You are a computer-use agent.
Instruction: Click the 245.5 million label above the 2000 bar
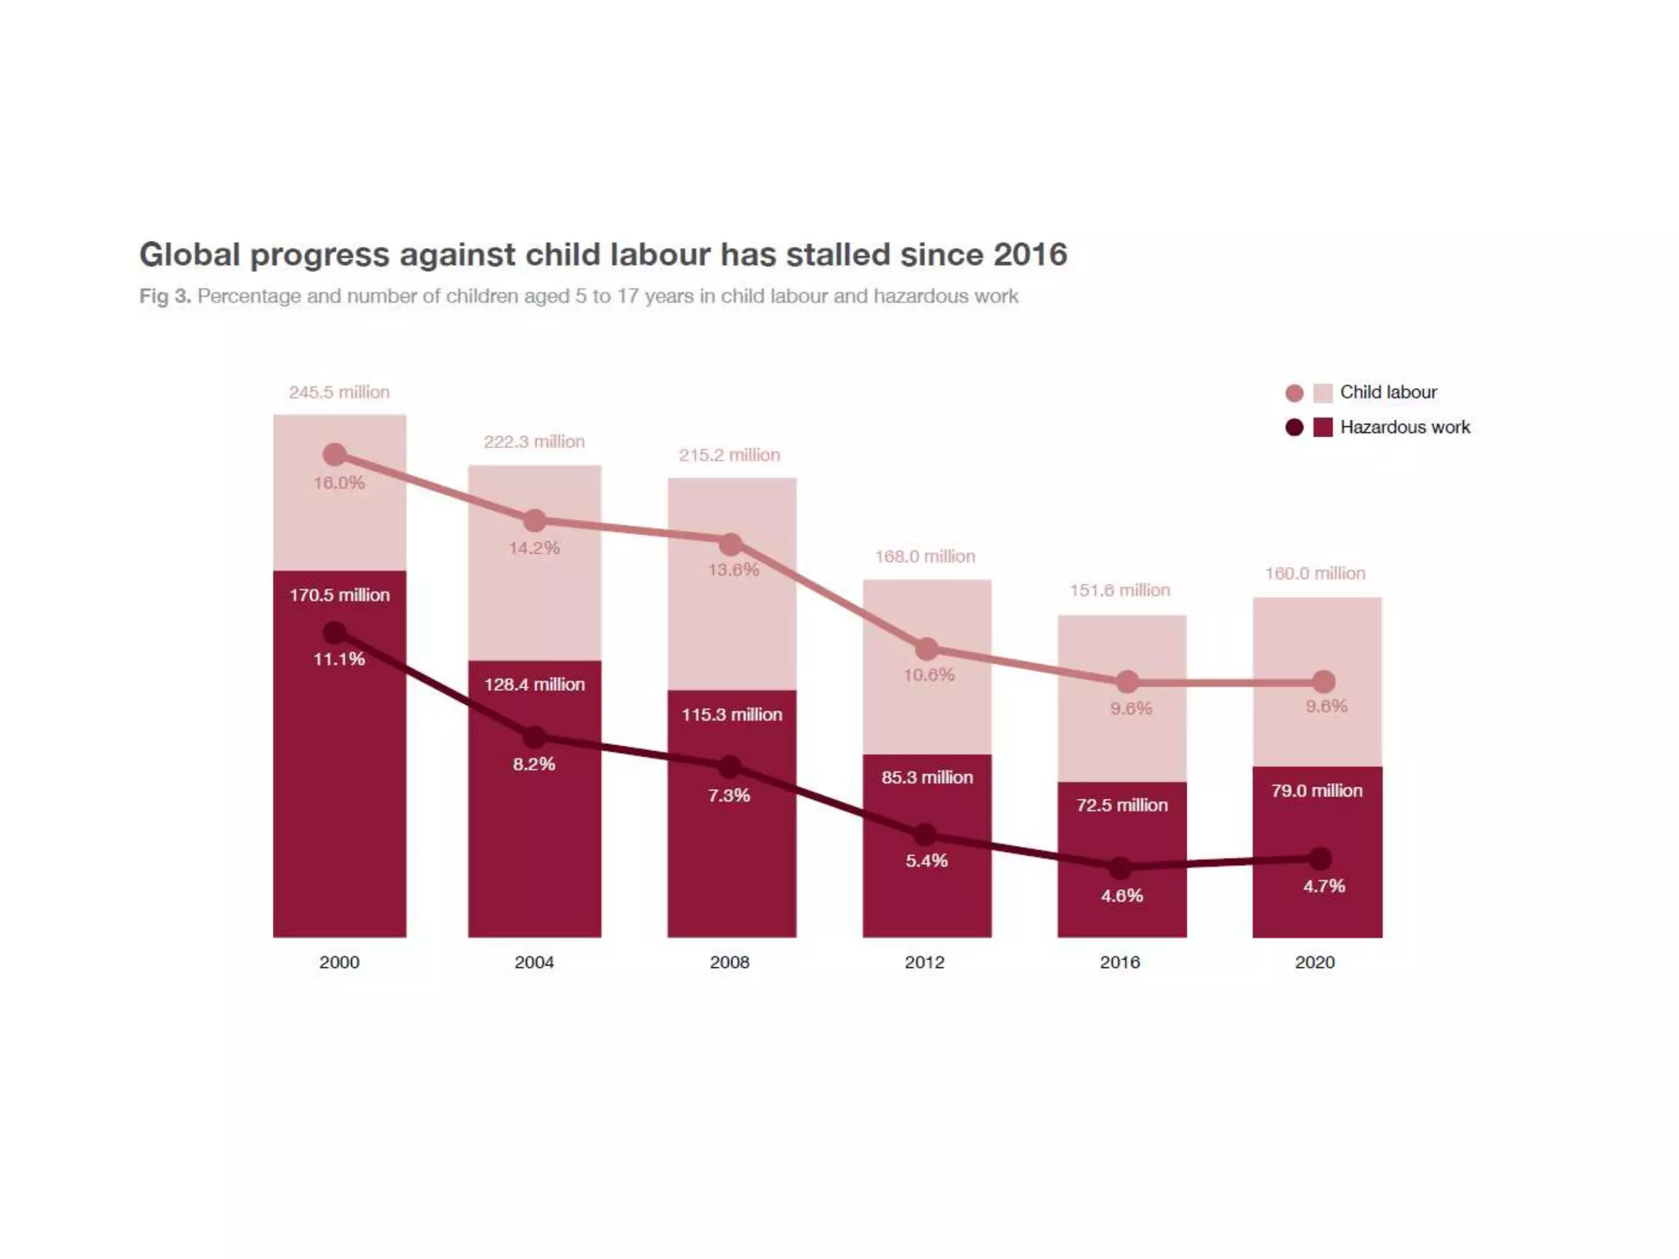pos(339,393)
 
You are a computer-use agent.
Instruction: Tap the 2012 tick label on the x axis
pos(924,962)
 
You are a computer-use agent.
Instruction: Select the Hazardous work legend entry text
pos(1404,427)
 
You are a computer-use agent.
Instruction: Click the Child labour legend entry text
pos(1388,393)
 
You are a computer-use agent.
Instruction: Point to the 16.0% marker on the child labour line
pos(334,455)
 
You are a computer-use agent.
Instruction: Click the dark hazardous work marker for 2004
pos(535,737)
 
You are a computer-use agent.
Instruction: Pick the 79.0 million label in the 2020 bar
pos(1317,791)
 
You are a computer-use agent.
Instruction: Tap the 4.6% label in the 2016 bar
pos(1122,896)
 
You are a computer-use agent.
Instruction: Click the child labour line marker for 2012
pos(926,649)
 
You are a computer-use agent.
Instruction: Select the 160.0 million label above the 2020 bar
pos(1315,574)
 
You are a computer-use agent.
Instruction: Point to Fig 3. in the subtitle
pos(165,296)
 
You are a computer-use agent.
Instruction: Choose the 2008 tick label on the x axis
pos(729,962)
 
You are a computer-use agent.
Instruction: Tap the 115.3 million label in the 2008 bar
pos(731,715)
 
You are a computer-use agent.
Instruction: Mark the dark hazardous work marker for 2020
pos(1320,859)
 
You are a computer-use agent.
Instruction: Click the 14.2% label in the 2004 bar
pos(534,548)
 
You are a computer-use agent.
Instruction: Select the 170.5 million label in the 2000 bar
pos(339,595)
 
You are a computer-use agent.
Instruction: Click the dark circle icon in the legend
pos(1294,428)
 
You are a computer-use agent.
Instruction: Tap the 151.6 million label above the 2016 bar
pos(1120,591)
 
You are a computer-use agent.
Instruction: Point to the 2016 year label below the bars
pos(1119,962)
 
